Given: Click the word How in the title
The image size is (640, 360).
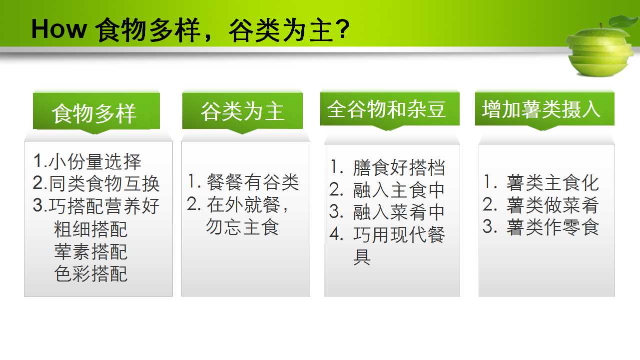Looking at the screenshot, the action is point(59,29).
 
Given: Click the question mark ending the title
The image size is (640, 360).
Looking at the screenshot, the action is point(343,29).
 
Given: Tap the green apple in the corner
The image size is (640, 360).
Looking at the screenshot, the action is point(600,51).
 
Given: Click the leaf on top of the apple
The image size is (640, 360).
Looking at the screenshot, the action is point(623,21).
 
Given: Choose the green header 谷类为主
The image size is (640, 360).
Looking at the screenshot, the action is point(242,110).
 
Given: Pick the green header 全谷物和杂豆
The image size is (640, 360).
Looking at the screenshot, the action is point(390,109).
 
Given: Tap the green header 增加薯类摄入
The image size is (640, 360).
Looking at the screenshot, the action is point(545,109).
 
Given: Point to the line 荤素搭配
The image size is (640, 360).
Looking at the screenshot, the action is point(90,252).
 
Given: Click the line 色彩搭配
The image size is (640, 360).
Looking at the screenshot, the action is point(90,274).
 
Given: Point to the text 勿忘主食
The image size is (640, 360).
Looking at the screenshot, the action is point(242,227).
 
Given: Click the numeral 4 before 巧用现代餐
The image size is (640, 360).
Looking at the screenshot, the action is point(336,234).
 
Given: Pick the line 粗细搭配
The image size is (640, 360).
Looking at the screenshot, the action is point(90,229).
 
